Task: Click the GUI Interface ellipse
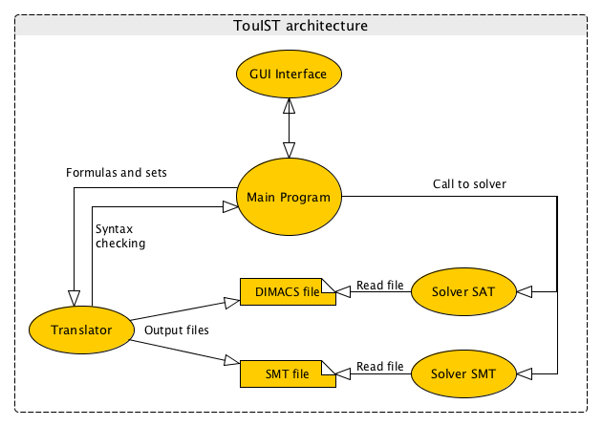(x=288, y=75)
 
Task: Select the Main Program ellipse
(x=288, y=198)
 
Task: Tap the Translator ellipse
(x=79, y=330)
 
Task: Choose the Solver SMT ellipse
(x=463, y=373)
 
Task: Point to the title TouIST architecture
(x=300, y=26)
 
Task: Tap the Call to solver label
(x=467, y=183)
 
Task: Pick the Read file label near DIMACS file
(x=378, y=284)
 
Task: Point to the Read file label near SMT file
(x=378, y=367)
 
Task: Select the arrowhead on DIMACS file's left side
(x=230, y=303)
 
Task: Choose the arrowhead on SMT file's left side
(x=230, y=361)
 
